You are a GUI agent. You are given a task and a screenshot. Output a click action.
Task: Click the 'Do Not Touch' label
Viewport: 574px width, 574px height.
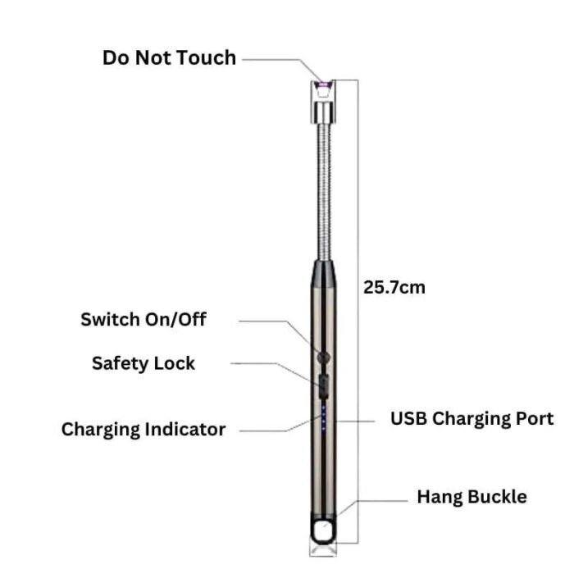[169, 58]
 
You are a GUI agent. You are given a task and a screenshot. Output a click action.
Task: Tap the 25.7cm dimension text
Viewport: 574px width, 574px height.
[394, 287]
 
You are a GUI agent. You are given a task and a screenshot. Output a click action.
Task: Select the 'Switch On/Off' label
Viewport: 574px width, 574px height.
[143, 320]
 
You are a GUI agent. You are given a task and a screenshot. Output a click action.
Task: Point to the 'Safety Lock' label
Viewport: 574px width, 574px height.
[143, 363]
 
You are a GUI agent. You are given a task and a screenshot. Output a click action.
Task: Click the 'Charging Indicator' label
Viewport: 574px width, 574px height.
[143, 430]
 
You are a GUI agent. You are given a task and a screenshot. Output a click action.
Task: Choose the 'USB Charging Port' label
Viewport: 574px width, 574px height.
[471, 419]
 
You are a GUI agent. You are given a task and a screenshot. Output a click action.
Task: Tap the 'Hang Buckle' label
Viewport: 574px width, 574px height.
[471, 497]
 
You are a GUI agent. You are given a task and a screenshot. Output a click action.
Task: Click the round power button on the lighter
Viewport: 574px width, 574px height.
[324, 357]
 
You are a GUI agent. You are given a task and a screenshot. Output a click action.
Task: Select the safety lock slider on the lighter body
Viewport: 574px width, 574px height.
[323, 386]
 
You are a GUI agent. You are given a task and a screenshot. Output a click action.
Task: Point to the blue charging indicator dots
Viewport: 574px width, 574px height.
[324, 418]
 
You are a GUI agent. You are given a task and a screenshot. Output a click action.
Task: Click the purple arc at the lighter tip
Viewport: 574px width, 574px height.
[323, 85]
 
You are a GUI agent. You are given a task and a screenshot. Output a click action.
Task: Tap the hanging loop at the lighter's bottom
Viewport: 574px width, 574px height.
[322, 530]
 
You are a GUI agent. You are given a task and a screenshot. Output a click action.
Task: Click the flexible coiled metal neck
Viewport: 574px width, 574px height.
[324, 192]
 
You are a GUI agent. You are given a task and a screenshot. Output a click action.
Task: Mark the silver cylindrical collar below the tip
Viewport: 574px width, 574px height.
[324, 112]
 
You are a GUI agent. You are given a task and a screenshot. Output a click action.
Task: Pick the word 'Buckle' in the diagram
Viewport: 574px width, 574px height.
[498, 497]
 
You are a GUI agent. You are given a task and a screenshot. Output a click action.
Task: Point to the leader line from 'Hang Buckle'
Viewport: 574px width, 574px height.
[371, 508]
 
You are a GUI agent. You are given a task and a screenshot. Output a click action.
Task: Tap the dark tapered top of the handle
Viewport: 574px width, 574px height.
[324, 273]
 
